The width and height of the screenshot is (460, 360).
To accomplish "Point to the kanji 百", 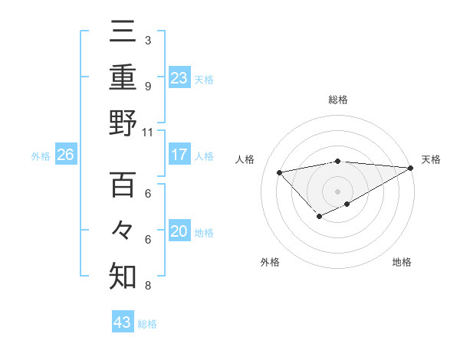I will point(123,185).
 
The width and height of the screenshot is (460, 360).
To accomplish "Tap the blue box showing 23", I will point(179,77).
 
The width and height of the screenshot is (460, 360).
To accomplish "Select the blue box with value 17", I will point(179,155).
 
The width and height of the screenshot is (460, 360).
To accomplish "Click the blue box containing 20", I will point(179,231).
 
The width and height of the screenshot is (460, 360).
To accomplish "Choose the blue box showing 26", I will point(65,155).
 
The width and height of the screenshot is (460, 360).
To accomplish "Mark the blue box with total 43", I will point(123,322).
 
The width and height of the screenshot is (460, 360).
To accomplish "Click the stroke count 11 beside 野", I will point(148,132).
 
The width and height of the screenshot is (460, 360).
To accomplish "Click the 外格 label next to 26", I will point(40,156).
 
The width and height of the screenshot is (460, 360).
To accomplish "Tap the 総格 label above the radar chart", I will point(337,100).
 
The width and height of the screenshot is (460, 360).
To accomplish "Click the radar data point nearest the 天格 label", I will point(411,168).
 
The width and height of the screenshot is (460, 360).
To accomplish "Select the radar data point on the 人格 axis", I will point(279,172).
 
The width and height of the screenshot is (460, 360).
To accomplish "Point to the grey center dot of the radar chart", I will point(337,191).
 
